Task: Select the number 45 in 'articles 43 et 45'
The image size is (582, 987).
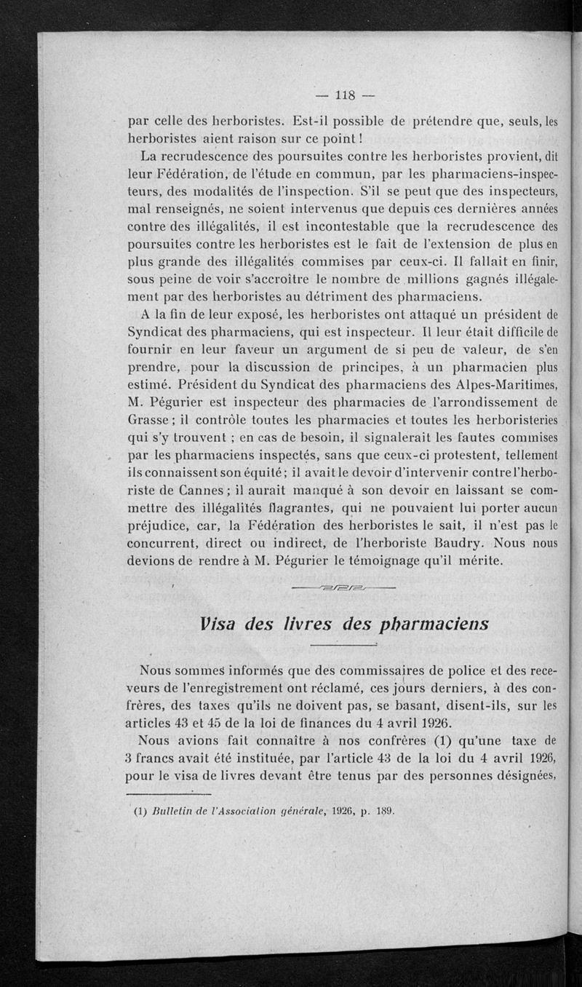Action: point(211,724)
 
